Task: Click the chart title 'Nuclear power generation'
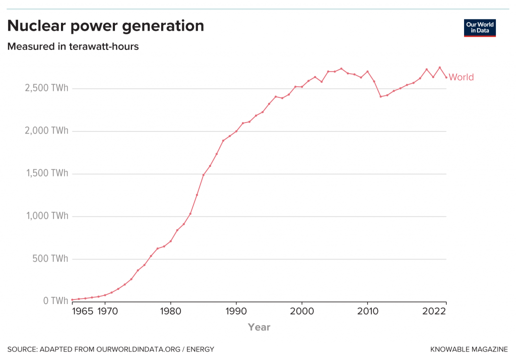(x=106, y=26)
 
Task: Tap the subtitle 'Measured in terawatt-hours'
(x=73, y=47)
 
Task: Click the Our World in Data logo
(x=479, y=28)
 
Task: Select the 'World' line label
(x=461, y=77)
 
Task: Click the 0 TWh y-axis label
(x=56, y=301)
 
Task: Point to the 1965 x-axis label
(x=83, y=311)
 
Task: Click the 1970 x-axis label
(x=105, y=311)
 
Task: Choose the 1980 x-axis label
(x=170, y=311)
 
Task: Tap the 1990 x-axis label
(x=236, y=311)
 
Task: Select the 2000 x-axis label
(x=302, y=311)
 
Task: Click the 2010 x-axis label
(x=367, y=311)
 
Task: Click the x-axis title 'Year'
(x=259, y=327)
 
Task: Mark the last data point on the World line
(x=446, y=77)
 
